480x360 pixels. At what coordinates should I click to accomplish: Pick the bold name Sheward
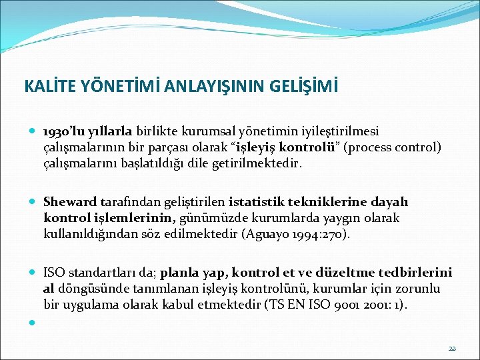click(x=70, y=202)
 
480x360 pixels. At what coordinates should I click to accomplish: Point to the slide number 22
click(x=452, y=348)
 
